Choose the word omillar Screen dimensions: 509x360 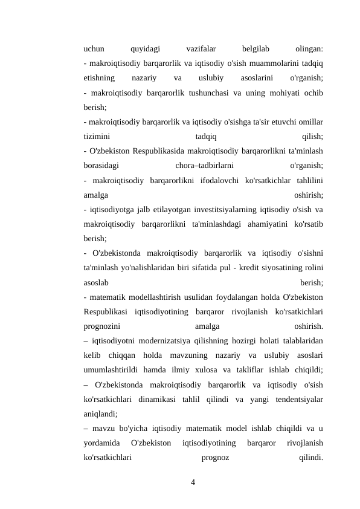pos(309,121)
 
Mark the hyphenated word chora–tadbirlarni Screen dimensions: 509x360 pos(204,164)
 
